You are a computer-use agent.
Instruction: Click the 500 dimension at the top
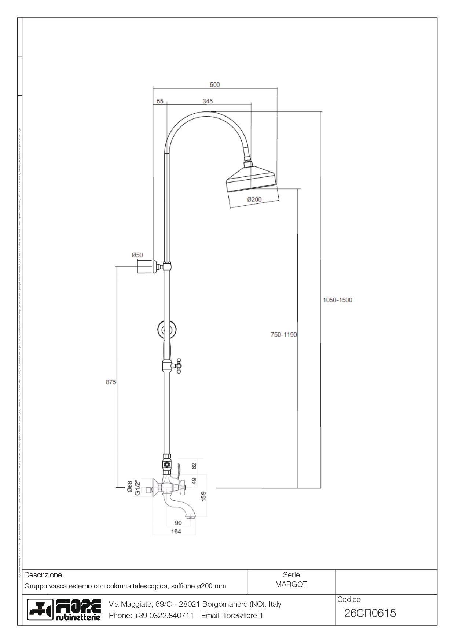(215, 85)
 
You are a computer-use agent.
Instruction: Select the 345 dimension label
(208, 101)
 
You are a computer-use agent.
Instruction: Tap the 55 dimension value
(160, 101)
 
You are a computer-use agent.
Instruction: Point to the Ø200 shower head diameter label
(254, 199)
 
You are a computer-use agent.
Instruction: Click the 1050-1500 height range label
(337, 300)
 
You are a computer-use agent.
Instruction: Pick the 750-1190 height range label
(283, 334)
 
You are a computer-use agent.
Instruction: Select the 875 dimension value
(111, 382)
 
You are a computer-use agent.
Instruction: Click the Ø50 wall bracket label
(137, 255)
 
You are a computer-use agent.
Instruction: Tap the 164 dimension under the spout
(176, 531)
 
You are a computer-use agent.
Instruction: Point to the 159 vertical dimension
(204, 496)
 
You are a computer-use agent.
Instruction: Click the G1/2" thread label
(137, 488)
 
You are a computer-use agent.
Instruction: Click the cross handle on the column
(179, 366)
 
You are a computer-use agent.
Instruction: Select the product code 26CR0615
(370, 613)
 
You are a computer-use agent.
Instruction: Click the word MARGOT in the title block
(291, 584)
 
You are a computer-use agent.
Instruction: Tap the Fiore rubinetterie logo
(65, 610)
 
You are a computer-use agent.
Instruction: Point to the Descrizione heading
(43, 575)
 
